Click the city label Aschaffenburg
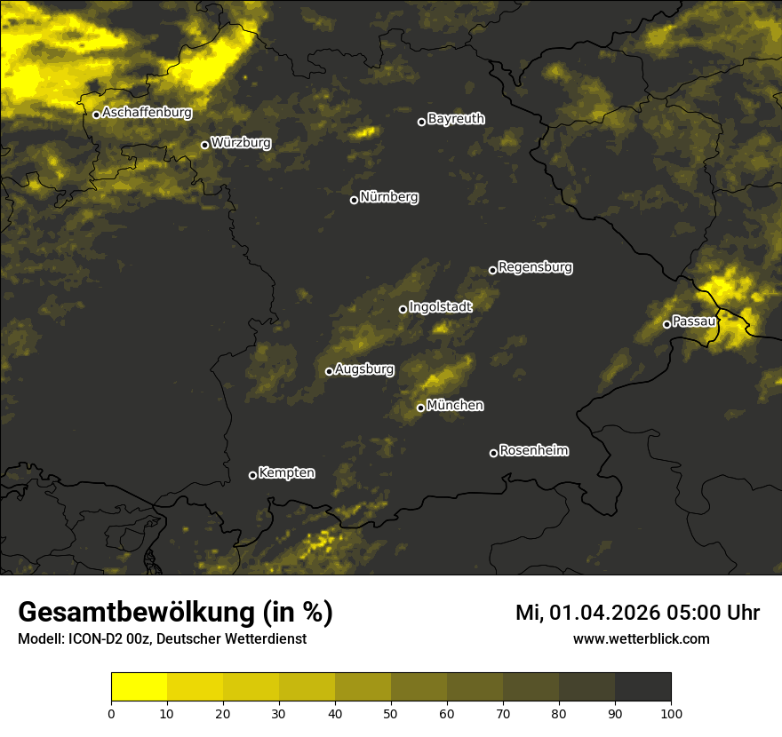pyautogui.click(x=147, y=113)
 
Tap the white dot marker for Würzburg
pyautogui.click(x=204, y=145)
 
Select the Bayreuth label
pyautogui.click(x=456, y=119)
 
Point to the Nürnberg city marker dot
pyautogui.click(x=354, y=200)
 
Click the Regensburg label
pyautogui.click(x=535, y=267)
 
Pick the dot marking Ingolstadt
pyautogui.click(x=403, y=309)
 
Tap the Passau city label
pyautogui.click(x=694, y=321)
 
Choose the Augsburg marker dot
pyautogui.click(x=329, y=371)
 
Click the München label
pyautogui.click(x=455, y=406)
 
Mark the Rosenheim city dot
pyautogui.click(x=493, y=453)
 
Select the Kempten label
pyautogui.click(x=286, y=473)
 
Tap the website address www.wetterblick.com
pyautogui.click(x=642, y=638)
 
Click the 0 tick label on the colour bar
pyautogui.click(x=111, y=713)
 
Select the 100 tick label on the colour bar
pyautogui.click(x=671, y=713)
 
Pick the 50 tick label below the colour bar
pyautogui.click(x=391, y=713)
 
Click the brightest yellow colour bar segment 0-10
pyautogui.click(x=140, y=687)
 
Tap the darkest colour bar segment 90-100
pyautogui.click(x=642, y=687)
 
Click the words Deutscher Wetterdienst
pyautogui.click(x=231, y=638)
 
